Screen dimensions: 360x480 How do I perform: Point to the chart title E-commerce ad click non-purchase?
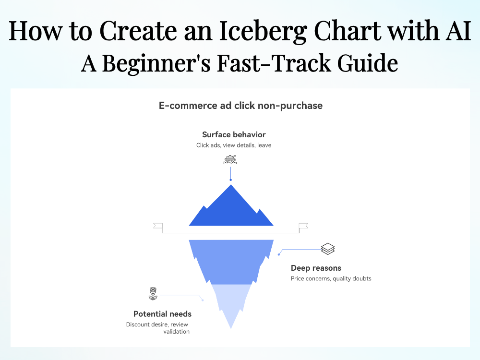[x=240, y=106]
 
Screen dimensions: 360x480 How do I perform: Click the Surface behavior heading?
[x=234, y=134]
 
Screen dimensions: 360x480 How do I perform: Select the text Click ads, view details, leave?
[x=234, y=145]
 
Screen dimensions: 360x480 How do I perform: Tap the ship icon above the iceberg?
[x=230, y=160]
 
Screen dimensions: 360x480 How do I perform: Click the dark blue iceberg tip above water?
[x=231, y=209]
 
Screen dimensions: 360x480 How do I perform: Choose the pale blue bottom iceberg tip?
[x=231, y=302]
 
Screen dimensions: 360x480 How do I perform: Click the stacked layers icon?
[x=328, y=249]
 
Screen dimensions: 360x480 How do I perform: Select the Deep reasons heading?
[x=316, y=268]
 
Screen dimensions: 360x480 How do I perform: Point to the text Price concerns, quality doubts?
[x=331, y=278]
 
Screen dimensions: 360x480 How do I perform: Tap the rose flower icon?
[x=153, y=294]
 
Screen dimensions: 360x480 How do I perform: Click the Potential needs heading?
[x=162, y=314]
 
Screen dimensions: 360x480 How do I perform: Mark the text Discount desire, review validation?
[x=158, y=328]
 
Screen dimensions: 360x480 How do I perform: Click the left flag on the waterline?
[x=157, y=226]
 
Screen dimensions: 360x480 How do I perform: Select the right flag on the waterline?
[x=303, y=226]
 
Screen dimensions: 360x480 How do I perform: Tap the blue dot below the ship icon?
[x=230, y=180]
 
